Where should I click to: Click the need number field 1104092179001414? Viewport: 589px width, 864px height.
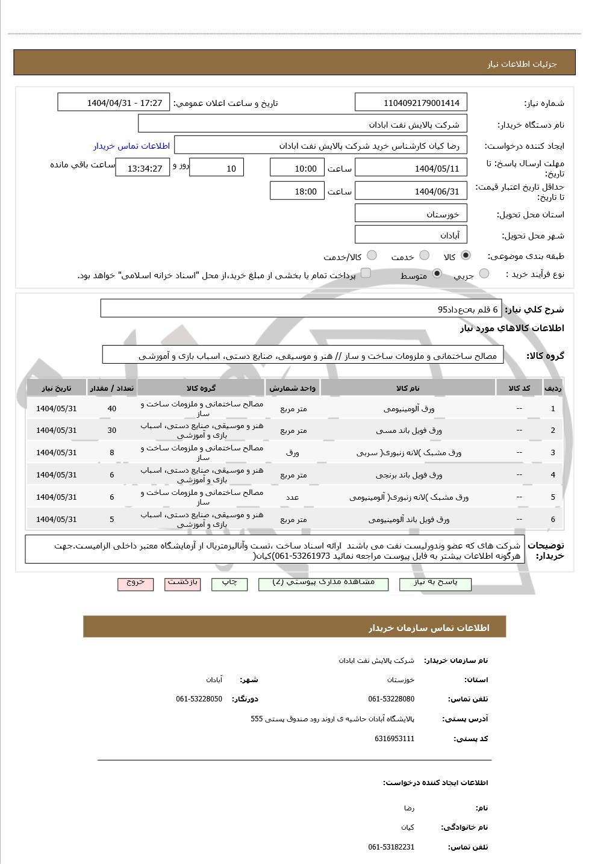411,103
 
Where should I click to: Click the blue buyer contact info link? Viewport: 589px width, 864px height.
131,146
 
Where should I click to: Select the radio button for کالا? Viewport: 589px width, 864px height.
466,255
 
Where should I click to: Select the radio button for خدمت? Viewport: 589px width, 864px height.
424,255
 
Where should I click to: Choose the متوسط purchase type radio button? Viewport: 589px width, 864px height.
437,274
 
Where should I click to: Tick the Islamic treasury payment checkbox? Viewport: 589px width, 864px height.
365,273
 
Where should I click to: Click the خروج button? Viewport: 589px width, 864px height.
136,583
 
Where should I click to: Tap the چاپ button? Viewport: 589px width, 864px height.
229,583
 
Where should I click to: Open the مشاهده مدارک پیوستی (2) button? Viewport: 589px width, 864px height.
323,583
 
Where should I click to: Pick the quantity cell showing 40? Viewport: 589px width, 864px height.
112,409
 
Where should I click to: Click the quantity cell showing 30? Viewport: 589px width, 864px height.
112,430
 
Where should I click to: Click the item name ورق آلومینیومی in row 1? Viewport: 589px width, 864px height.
408,409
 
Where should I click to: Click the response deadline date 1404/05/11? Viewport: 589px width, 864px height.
411,169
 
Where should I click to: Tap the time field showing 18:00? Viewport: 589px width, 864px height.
297,191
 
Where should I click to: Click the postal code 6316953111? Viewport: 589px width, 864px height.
394,739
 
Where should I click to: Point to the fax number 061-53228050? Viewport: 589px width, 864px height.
199,699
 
